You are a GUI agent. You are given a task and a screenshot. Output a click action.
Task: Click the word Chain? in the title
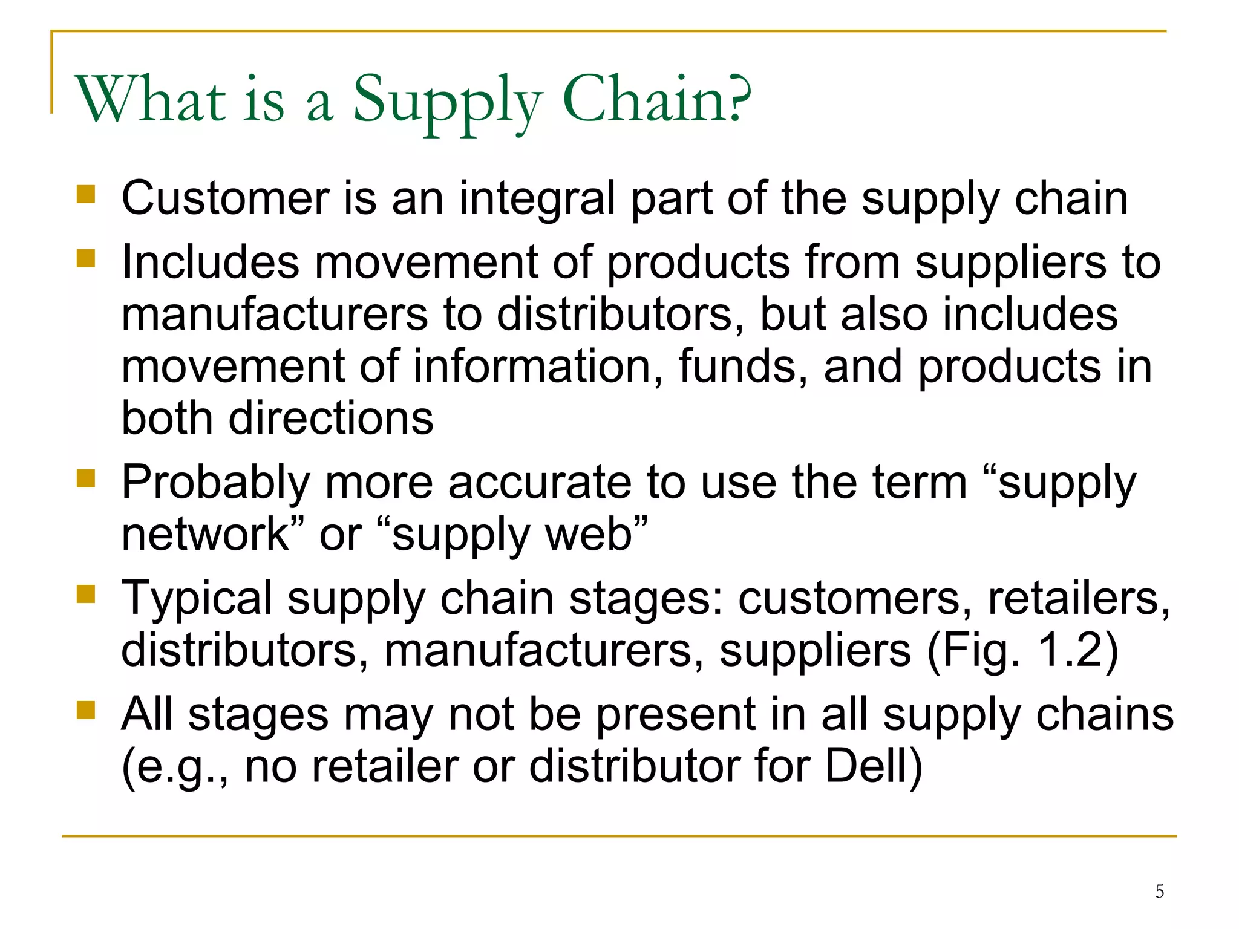pyautogui.click(x=657, y=99)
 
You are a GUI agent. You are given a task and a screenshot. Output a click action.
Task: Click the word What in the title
pyautogui.click(x=150, y=99)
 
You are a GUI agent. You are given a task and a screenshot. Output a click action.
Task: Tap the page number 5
pyautogui.click(x=1160, y=891)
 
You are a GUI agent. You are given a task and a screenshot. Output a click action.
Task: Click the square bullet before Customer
pyautogui.click(x=86, y=194)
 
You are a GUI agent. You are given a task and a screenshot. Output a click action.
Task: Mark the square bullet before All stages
pyautogui.click(x=86, y=710)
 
